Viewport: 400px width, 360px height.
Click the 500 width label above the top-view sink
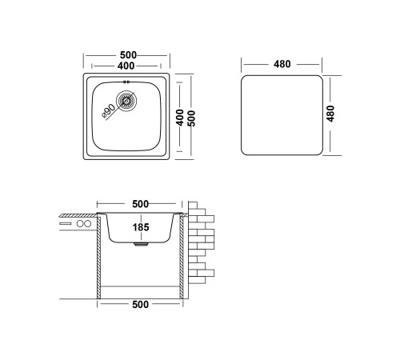coord(128,55)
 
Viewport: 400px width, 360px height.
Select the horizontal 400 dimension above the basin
coord(126,66)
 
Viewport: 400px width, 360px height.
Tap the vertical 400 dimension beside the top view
coord(180,118)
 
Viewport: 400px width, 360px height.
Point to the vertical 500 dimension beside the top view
coord(191,118)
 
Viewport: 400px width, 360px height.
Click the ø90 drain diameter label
coord(109,110)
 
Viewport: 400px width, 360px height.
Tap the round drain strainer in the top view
coord(126,101)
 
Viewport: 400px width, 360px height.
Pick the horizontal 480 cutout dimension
coord(282,64)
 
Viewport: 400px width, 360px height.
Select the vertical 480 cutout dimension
coord(330,114)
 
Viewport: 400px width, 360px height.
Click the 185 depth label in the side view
coord(141,227)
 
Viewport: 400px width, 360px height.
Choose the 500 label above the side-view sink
coord(140,204)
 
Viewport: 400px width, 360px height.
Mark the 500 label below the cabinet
coord(140,304)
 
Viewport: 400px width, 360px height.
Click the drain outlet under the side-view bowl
coord(141,244)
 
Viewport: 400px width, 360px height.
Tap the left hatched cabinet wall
coord(98,258)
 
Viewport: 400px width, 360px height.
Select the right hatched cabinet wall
coord(182,258)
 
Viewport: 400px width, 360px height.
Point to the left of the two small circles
coord(80,223)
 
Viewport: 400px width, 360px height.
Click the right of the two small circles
coord(87,223)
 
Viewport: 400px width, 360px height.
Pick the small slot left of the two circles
coord(66,223)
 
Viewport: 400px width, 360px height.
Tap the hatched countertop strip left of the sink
coord(78,215)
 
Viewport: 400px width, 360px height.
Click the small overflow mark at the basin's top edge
coord(126,82)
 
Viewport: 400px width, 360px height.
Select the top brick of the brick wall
coord(193,206)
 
